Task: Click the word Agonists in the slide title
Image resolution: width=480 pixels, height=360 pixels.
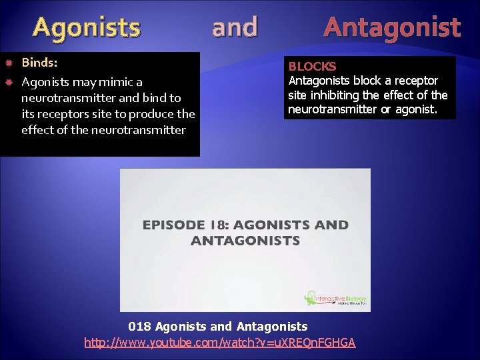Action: click(x=87, y=28)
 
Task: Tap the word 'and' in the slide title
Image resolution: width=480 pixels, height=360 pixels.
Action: click(x=234, y=28)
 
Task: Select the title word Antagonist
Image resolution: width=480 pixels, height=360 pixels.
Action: click(x=392, y=28)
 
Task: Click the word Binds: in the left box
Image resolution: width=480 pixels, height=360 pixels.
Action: click(x=39, y=63)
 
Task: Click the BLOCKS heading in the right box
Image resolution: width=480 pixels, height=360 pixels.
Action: click(x=312, y=67)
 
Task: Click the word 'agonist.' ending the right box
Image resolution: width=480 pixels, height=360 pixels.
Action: click(x=415, y=109)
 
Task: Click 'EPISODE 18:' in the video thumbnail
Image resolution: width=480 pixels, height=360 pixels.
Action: click(x=180, y=225)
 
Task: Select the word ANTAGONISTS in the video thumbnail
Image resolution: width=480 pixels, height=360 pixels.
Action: click(x=245, y=241)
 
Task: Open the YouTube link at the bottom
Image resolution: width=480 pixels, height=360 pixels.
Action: click(x=220, y=343)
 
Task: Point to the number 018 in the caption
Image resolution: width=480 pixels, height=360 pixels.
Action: click(x=139, y=327)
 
